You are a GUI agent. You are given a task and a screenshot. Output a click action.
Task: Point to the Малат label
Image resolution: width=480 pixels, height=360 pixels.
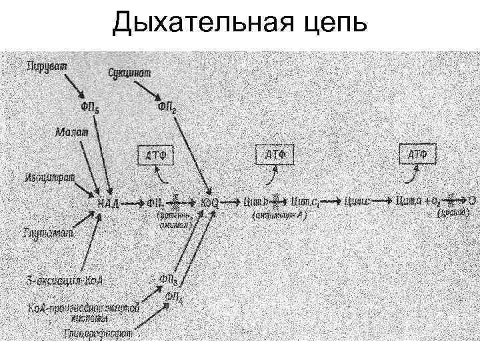[x=71, y=133]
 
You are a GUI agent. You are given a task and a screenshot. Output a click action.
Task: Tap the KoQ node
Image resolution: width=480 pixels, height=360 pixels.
[x=209, y=201]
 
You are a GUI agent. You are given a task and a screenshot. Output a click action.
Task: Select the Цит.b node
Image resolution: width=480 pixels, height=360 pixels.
[x=257, y=201]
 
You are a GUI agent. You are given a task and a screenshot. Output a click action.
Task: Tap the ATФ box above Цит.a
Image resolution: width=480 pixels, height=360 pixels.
[x=417, y=155]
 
